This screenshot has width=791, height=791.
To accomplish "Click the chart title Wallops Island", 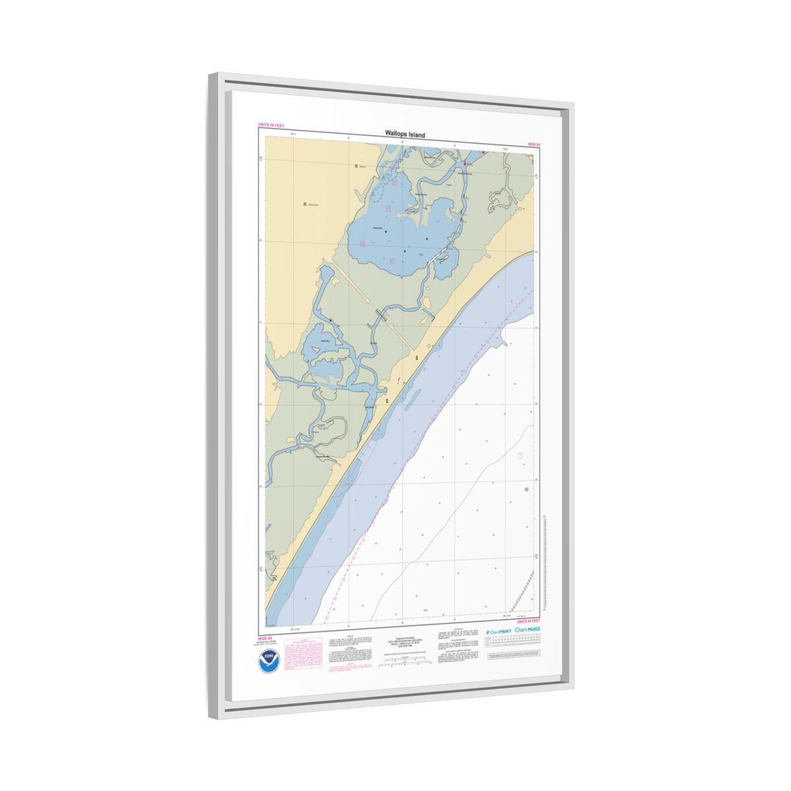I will coord(405,134).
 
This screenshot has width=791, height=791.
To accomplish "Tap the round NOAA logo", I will coord(269,661).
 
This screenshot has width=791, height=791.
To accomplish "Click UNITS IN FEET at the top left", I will coord(271,124).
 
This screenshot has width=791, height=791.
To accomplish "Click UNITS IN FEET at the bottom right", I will coord(528,621).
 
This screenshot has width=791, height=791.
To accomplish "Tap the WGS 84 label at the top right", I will coord(533,144).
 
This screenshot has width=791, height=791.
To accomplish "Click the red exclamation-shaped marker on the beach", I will coord(399,380).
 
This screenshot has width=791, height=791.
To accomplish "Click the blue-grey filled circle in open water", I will coord(526,489).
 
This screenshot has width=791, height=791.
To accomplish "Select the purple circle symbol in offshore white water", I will coord(520,455).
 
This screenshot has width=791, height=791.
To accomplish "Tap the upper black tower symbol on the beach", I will coord(417,357).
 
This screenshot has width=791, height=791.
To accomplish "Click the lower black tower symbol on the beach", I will coord(387,399).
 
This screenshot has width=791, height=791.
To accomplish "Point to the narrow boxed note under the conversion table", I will coord(515,657).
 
